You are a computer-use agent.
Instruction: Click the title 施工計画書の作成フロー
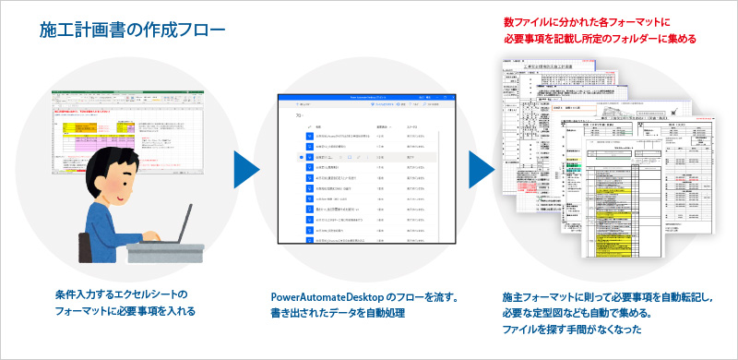tap(132, 31)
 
